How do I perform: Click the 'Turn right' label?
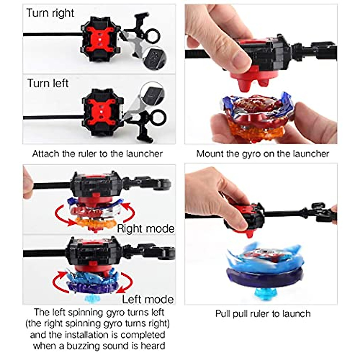point(50,13)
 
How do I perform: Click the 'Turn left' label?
point(48,83)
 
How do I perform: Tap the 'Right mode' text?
point(145,229)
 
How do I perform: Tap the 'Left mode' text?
point(148,299)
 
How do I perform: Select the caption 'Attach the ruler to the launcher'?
point(97,154)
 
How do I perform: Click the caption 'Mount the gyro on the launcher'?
point(262,154)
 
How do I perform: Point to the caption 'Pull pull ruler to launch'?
point(262,314)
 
